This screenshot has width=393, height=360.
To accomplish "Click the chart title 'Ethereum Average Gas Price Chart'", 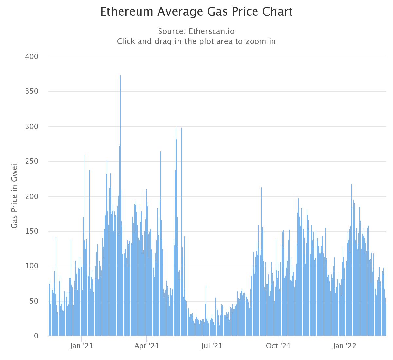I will (x=196, y=11).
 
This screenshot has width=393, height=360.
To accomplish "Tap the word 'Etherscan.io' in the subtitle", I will (x=212, y=31).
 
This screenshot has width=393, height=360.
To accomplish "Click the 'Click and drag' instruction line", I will (x=196, y=41).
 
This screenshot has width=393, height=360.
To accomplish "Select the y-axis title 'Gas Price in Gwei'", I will (x=14, y=196).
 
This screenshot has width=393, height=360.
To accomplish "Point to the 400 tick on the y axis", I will (x=32, y=57).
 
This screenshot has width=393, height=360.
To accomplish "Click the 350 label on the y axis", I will (x=32, y=91).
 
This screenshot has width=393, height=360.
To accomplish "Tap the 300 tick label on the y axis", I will (x=32, y=127).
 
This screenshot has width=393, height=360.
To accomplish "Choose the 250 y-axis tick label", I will (x=32, y=161).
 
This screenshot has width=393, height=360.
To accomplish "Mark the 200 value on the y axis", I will (x=32, y=196).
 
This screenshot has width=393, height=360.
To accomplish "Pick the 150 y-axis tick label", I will (x=32, y=231).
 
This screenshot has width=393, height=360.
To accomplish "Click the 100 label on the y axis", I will (x=32, y=266).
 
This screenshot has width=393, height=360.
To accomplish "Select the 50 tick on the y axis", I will (x=34, y=301).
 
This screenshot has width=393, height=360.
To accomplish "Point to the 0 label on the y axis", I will (x=36, y=336).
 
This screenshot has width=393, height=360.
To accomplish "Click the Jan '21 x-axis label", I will (x=81, y=346).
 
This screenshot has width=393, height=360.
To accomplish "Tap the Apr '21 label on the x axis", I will (x=146, y=346).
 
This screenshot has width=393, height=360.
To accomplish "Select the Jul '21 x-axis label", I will (x=212, y=346).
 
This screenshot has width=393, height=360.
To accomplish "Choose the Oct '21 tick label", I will (x=278, y=346).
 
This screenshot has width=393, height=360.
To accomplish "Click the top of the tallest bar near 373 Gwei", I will (x=120, y=76).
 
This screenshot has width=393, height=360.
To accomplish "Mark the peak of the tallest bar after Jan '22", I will (x=351, y=185).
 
